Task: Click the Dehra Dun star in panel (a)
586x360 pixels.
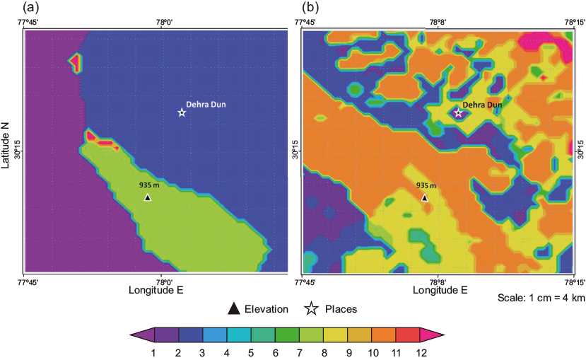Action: pyautogui.click(x=182, y=112)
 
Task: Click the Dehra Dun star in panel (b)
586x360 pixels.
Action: pyautogui.click(x=458, y=112)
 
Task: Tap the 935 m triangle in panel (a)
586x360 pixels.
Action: pyautogui.click(x=148, y=198)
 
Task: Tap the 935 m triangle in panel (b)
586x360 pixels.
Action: pyautogui.click(x=424, y=198)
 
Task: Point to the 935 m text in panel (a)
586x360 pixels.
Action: pyautogui.click(x=149, y=185)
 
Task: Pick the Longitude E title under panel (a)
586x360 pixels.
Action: pyautogui.click(x=157, y=290)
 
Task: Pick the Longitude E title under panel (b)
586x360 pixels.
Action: pyautogui.click(x=438, y=290)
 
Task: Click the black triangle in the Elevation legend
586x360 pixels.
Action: pyautogui.click(x=233, y=308)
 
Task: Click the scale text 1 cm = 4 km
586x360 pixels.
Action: pyautogui.click(x=541, y=298)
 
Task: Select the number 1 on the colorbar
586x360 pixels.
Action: pyautogui.click(x=154, y=351)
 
